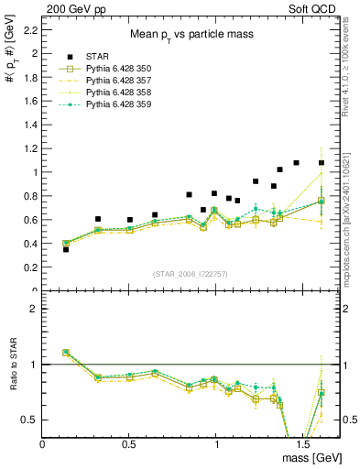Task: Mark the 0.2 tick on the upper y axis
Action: click(31, 267)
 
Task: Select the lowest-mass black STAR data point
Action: click(65, 249)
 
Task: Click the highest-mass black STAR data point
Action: click(322, 163)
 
